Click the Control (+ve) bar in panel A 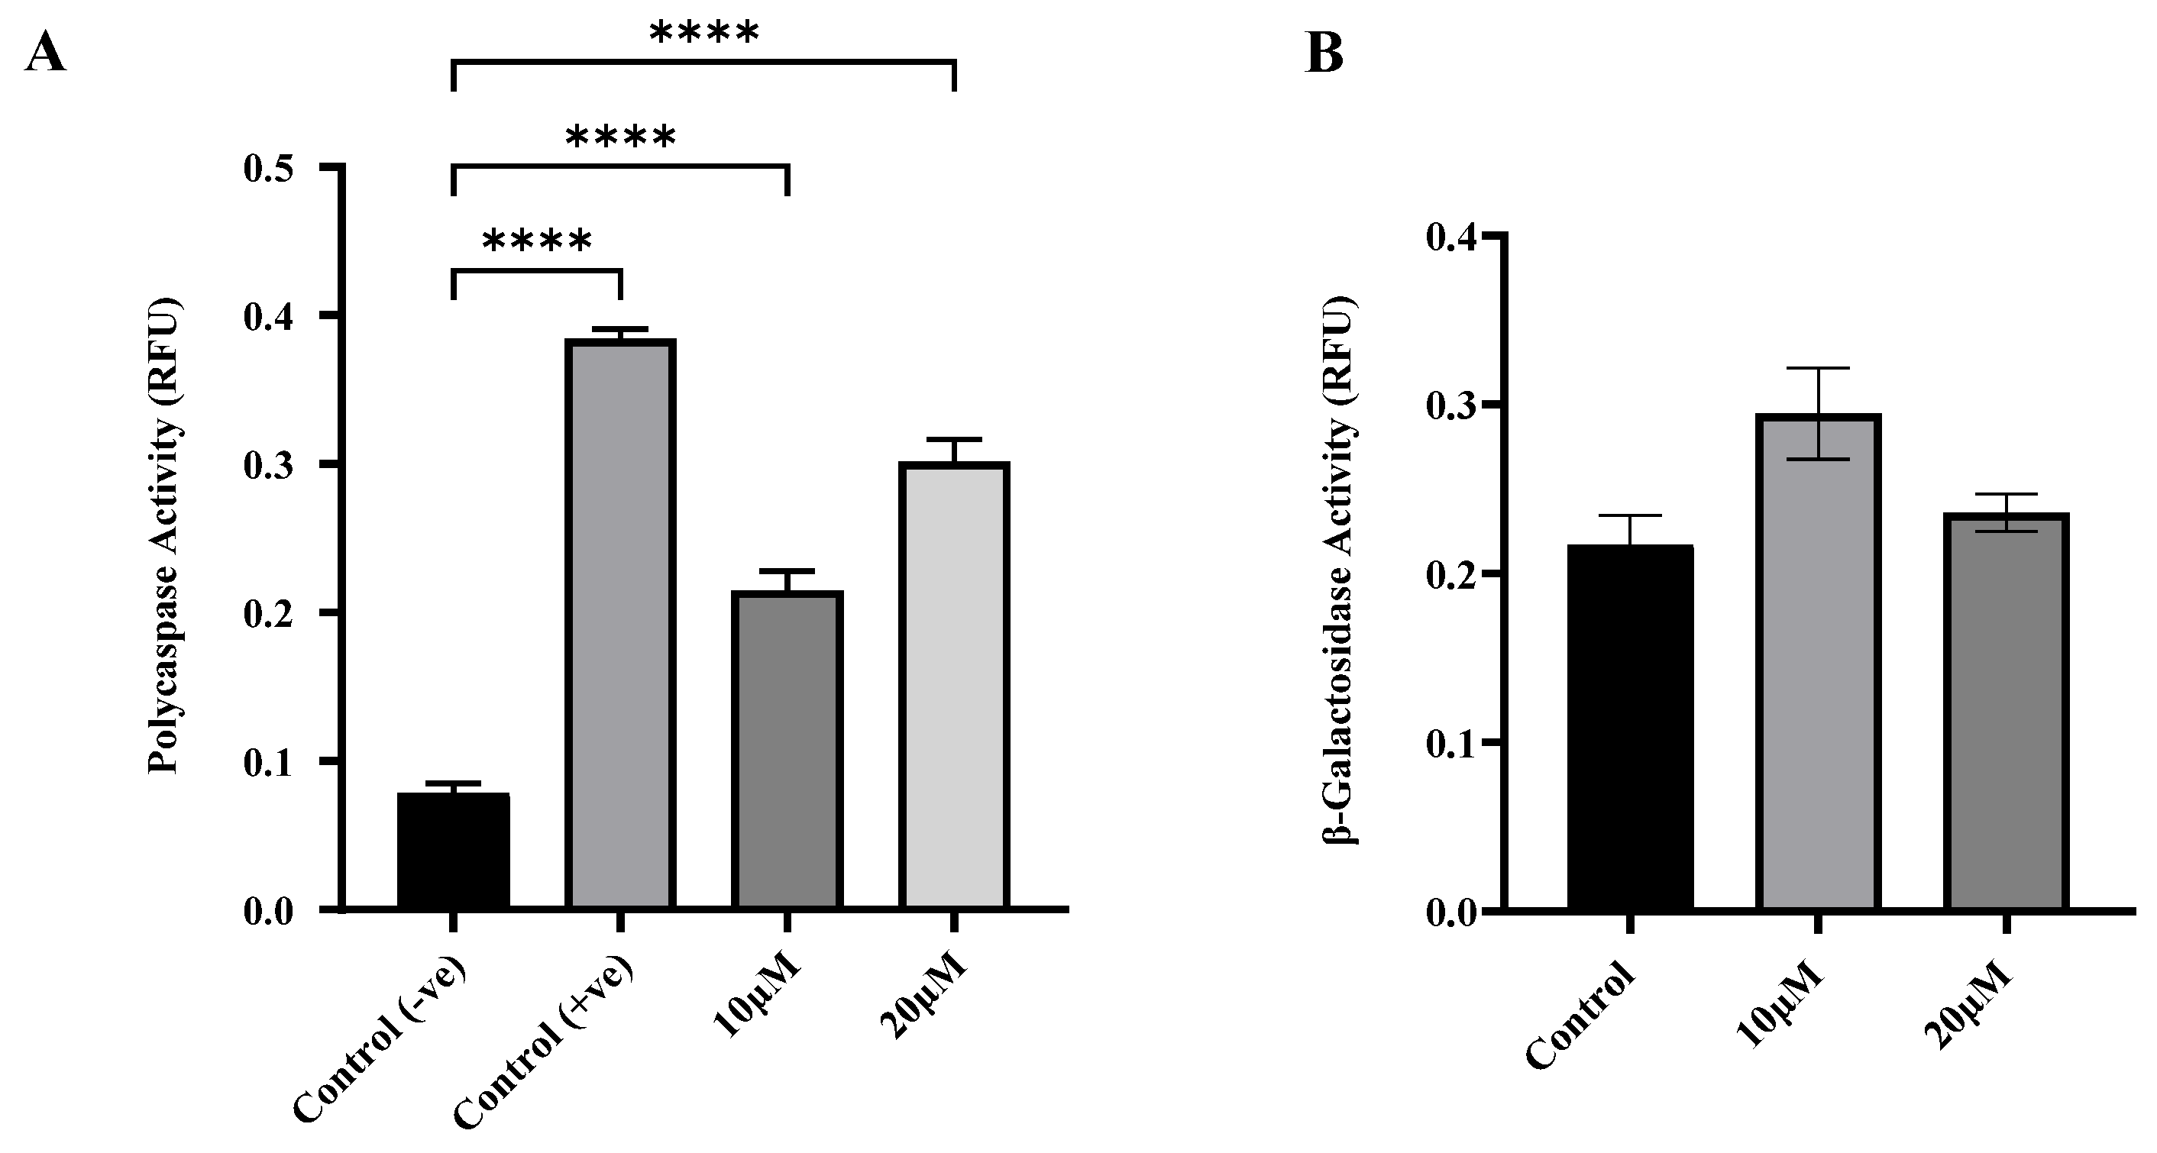(x=619, y=624)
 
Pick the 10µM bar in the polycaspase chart (x=786, y=749)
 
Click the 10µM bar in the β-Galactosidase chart (x=1817, y=661)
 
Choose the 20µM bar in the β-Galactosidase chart (x=2006, y=712)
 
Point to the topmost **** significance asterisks (x=704, y=34)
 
